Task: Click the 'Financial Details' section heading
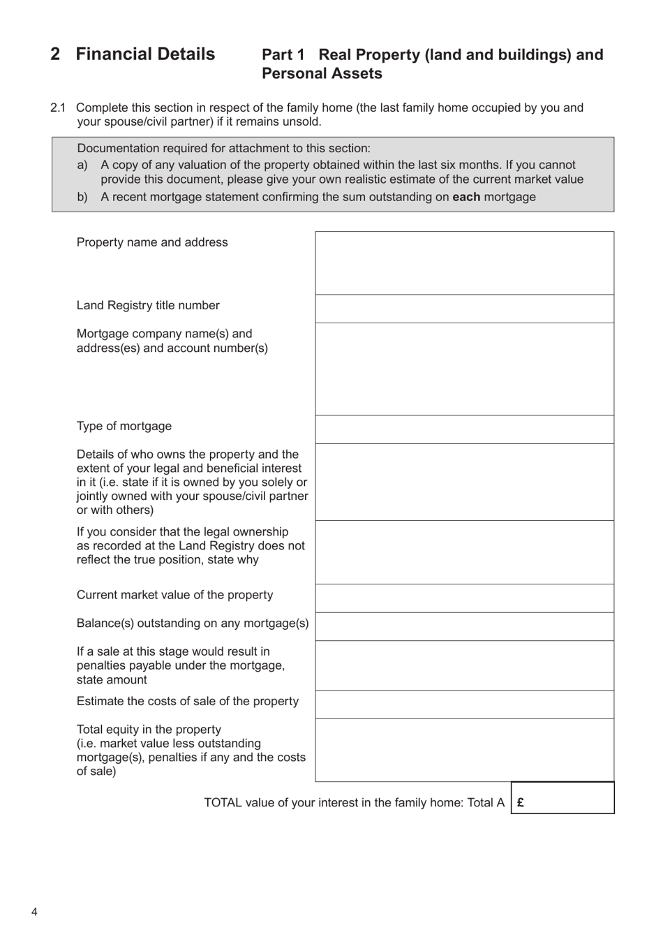(x=145, y=54)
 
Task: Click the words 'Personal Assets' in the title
(x=322, y=73)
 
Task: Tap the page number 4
(x=34, y=912)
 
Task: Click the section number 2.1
(x=58, y=108)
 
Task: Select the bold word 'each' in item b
(x=466, y=197)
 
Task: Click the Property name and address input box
(x=464, y=263)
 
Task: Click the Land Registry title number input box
(x=464, y=309)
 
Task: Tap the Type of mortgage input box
(x=464, y=429)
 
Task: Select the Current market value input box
(x=464, y=598)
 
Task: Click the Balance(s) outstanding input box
(x=464, y=627)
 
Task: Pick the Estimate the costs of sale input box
(x=464, y=704)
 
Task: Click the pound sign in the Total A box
(x=521, y=802)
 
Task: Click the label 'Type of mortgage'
(x=124, y=426)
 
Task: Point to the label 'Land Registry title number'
(x=148, y=305)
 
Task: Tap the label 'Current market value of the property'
(x=174, y=595)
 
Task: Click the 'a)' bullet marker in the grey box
(x=82, y=165)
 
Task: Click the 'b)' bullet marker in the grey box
(x=82, y=197)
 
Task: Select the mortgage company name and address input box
(x=464, y=369)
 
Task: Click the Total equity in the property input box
(x=464, y=750)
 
